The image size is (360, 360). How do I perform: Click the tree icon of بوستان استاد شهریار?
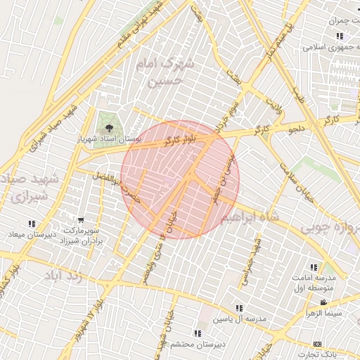(109, 127)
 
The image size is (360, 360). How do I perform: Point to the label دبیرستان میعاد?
(27, 233)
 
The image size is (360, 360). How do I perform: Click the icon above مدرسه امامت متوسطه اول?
(314, 267)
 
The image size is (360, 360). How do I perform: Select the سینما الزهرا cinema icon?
(323, 303)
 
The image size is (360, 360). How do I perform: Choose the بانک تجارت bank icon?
(318, 344)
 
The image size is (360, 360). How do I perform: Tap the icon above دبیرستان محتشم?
(198, 333)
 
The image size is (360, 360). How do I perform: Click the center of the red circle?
(180, 179)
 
